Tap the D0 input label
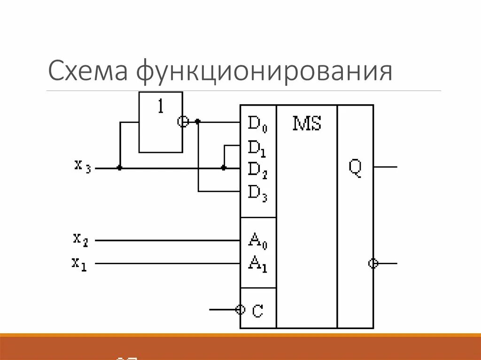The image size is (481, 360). (x=257, y=124)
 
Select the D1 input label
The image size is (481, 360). (x=257, y=148)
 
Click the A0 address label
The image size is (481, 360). (x=257, y=242)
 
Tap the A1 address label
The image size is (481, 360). (x=257, y=264)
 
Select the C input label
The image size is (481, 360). (x=257, y=311)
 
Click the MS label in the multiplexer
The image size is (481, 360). (x=307, y=124)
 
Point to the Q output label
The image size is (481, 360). (x=355, y=169)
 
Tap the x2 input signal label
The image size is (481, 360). (x=80, y=239)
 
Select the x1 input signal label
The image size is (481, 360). (x=79, y=263)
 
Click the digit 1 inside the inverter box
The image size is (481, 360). (x=161, y=107)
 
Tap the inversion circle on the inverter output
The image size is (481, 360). (x=183, y=122)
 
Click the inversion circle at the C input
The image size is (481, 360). (x=240, y=309)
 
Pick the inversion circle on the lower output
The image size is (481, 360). (x=373, y=263)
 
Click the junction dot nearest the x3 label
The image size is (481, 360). (x=120, y=168)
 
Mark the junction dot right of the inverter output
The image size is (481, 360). (x=198, y=122)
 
